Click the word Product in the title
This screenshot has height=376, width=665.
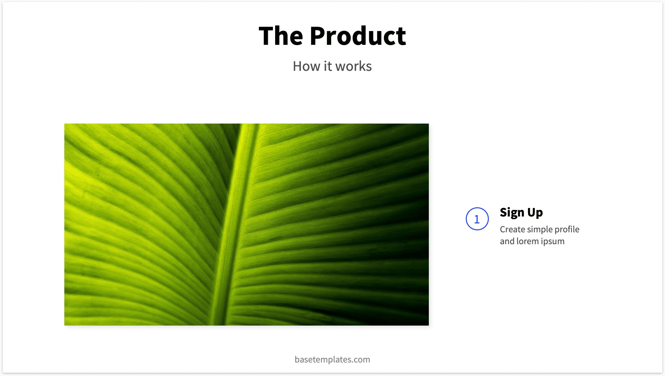(358, 36)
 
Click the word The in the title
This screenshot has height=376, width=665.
(281, 36)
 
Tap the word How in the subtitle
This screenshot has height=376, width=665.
(306, 66)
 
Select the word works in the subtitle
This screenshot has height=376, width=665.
(354, 66)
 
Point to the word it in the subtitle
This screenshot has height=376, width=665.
(328, 66)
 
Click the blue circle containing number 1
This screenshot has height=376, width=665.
(477, 219)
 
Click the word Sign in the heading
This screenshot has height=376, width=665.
(512, 213)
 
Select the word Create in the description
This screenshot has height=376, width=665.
(513, 229)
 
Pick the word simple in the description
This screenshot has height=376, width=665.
(540, 229)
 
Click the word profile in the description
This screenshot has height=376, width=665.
(567, 229)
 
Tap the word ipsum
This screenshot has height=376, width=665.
(553, 241)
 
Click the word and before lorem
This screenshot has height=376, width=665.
(507, 241)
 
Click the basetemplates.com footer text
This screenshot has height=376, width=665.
(332, 360)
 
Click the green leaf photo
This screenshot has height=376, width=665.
(246, 224)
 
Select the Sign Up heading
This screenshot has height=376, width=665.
(521, 213)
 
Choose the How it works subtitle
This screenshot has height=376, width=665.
(332, 66)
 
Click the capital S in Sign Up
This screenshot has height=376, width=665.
(504, 212)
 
